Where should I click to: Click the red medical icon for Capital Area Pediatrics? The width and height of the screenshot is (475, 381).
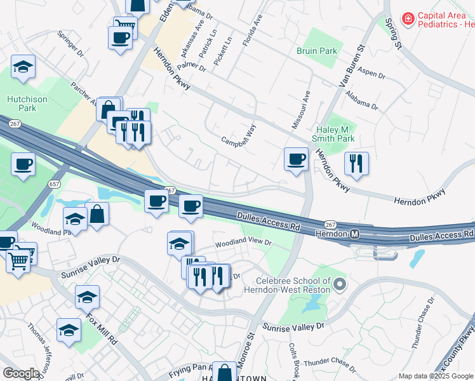tap(406, 20)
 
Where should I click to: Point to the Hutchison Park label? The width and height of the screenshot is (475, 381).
tap(22, 104)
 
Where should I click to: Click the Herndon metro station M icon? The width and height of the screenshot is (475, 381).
tap(355, 234)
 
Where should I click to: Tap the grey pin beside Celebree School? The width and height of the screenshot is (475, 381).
tap(340, 284)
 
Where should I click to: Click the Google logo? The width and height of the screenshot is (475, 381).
tap(20, 373)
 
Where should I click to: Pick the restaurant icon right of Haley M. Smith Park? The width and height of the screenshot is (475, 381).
tap(356, 163)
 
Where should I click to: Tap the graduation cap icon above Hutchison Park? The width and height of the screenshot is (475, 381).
tap(23, 67)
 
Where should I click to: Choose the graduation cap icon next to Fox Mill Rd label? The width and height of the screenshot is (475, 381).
tap(87, 297)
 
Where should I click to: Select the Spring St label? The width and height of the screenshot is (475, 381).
tap(393, 32)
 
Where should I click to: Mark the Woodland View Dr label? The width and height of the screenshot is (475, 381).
tap(243, 243)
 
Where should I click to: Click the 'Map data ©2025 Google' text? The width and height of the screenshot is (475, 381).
tap(436, 376)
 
